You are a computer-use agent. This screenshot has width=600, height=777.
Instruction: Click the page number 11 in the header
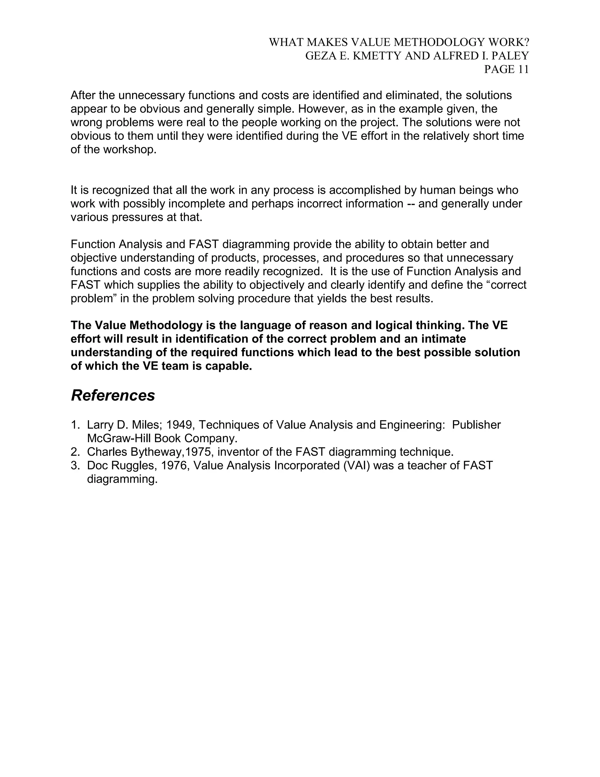523,69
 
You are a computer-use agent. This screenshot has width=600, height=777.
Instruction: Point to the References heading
113,396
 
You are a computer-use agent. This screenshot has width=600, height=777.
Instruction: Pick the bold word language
263,325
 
